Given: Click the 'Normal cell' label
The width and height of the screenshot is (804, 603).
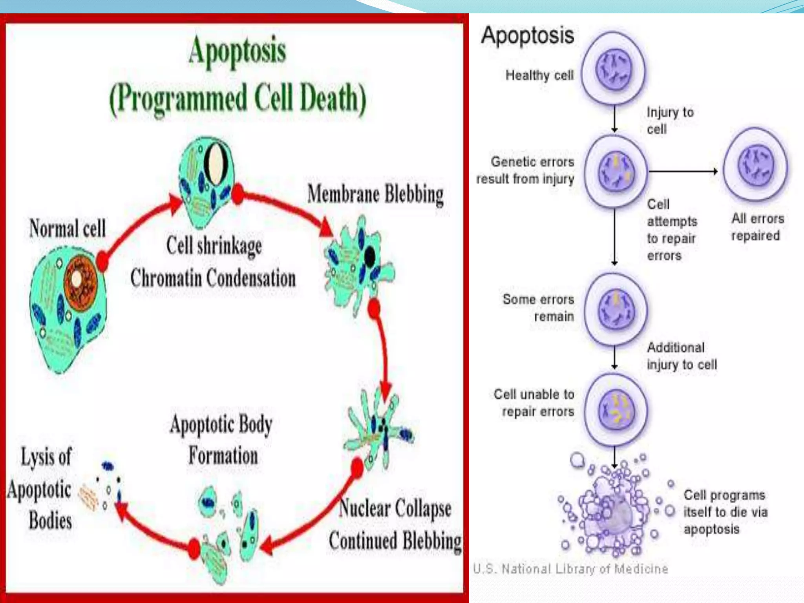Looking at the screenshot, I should (68, 228).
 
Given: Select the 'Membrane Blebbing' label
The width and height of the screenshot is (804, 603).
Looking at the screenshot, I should (375, 194).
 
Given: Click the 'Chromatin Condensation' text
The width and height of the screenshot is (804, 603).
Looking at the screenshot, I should (213, 278).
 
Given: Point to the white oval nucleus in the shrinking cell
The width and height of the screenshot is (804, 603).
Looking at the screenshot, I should (216, 164).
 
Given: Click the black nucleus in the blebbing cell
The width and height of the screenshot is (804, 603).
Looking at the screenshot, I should (369, 257).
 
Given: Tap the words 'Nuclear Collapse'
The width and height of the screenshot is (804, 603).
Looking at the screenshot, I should (395, 508).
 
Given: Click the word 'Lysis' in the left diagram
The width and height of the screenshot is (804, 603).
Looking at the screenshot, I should (46, 457).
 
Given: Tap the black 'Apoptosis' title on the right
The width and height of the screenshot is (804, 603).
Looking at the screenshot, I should (528, 35).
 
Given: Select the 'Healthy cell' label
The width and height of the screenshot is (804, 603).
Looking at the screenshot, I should (539, 75).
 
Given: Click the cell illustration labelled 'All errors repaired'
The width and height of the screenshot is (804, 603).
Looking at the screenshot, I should (755, 166).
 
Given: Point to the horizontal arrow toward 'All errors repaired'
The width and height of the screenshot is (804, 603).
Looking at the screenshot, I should (683, 171).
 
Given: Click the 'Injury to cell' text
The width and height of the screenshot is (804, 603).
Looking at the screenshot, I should (670, 121).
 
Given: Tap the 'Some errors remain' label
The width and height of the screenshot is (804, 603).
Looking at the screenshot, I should (538, 307).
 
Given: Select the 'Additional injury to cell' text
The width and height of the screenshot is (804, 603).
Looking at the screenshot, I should (682, 356).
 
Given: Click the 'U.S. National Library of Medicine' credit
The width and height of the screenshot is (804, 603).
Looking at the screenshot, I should (570, 568).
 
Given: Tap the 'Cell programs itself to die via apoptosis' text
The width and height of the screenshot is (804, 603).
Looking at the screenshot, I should (725, 512).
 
